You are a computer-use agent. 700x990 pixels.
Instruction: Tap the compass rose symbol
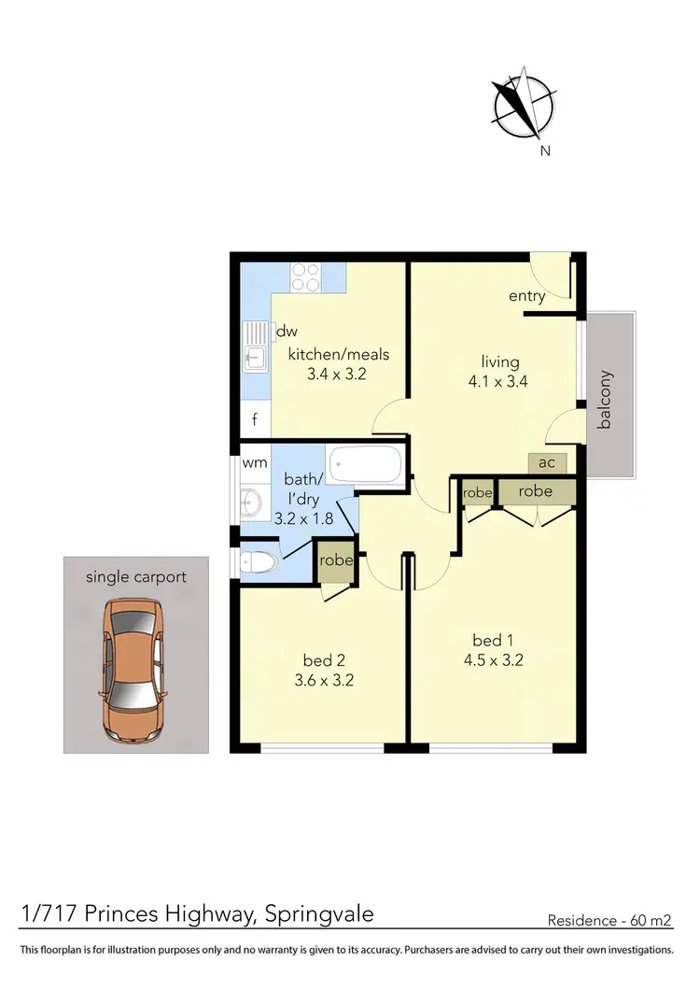click(523, 106)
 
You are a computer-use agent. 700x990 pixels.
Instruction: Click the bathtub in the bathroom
click(365, 462)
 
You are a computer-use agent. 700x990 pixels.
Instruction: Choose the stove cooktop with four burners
click(306, 277)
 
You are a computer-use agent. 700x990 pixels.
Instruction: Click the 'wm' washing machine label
click(255, 462)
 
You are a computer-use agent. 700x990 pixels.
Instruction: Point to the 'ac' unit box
click(546, 462)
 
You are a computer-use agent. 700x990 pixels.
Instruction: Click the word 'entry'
click(526, 296)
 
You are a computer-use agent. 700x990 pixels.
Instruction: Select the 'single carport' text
click(136, 576)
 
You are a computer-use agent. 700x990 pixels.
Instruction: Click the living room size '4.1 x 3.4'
click(499, 381)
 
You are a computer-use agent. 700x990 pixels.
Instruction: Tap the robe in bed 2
click(334, 560)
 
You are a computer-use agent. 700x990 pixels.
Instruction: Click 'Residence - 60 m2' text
click(609, 920)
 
